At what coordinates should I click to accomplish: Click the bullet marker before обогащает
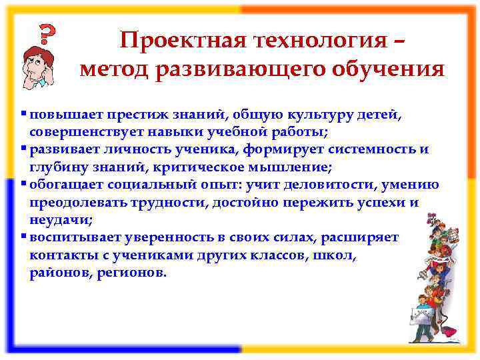(x=24, y=184)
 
